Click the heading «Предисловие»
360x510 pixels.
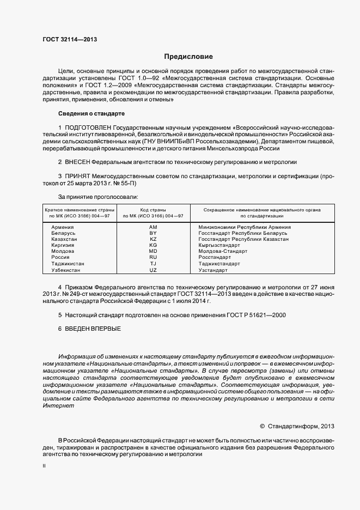click(x=188, y=57)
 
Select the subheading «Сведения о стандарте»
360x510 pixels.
click(x=91, y=113)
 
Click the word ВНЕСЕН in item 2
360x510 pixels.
click(x=77, y=162)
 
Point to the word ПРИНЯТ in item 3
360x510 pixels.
click(x=77, y=177)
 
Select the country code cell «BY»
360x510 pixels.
click(x=153, y=233)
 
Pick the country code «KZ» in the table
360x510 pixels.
click(x=153, y=239)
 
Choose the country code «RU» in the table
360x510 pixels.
click(x=153, y=257)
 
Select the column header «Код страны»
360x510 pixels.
click(x=153, y=210)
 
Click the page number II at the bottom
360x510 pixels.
click(x=45, y=466)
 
